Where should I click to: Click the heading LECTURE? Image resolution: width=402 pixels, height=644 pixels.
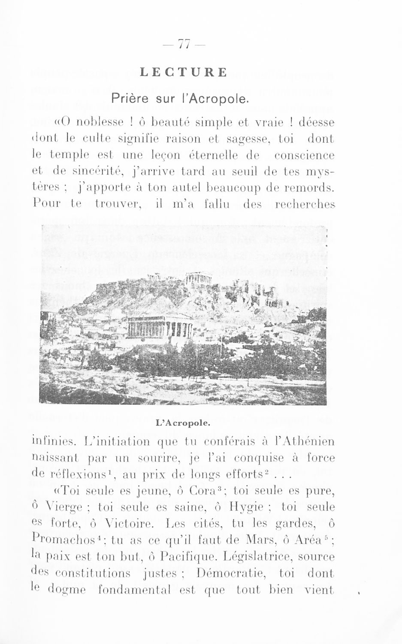pyautogui.click(x=183, y=72)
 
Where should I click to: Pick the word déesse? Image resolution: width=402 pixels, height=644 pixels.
pyautogui.click(x=317, y=122)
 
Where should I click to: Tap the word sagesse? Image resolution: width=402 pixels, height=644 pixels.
pyautogui.click(x=242, y=139)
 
